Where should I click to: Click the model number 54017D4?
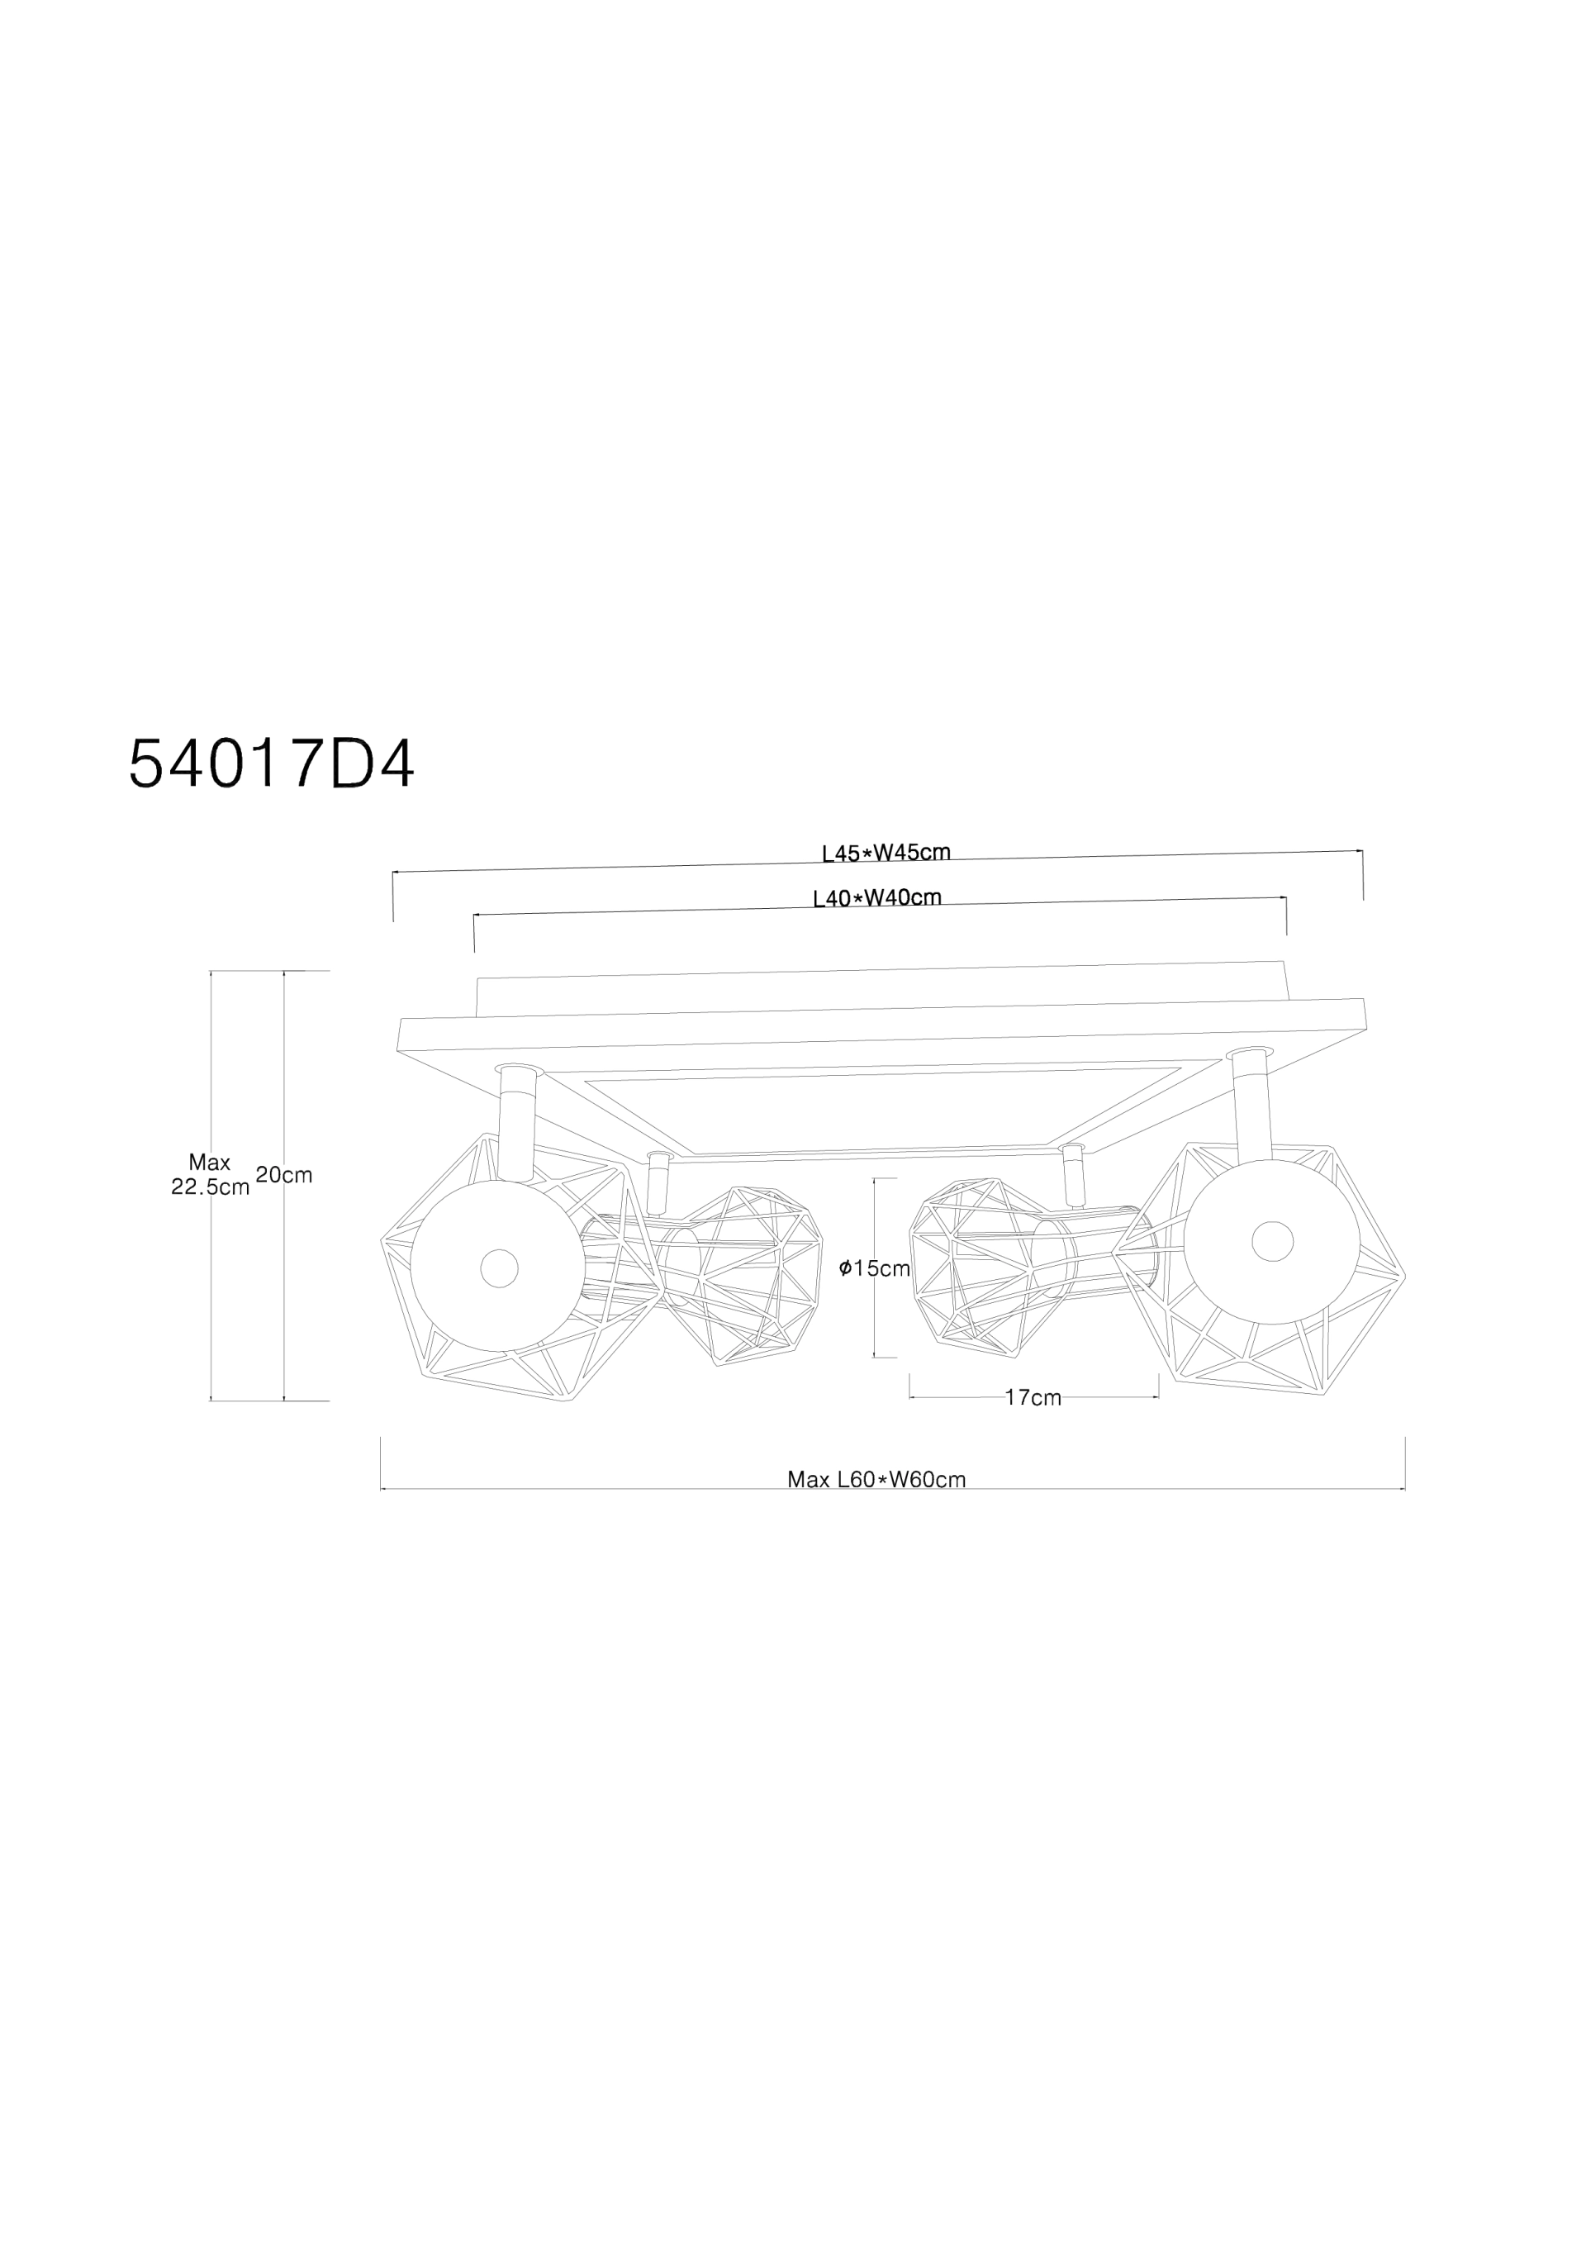pos(272,763)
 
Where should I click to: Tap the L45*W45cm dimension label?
pos(886,853)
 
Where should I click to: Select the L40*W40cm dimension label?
pos(877,897)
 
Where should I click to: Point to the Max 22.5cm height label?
pos(211,1174)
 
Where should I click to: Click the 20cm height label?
pos(283,1175)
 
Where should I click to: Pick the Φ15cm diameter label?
pos(874,1268)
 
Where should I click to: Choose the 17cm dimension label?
pos(1033,1398)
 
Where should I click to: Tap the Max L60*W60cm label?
pos(876,1479)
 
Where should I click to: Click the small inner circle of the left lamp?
pos(499,1268)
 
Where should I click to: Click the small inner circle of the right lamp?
pos(1272,1242)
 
